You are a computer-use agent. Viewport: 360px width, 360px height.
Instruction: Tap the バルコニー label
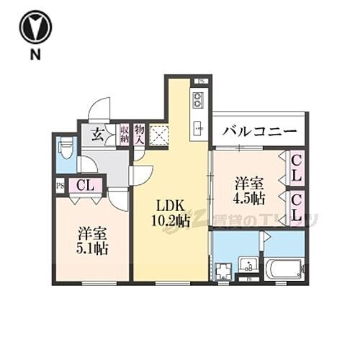(259, 131)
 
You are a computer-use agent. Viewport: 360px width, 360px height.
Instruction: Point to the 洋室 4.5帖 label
(248, 189)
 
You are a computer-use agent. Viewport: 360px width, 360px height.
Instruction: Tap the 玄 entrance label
(96, 134)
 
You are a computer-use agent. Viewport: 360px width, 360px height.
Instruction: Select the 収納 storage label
(124, 134)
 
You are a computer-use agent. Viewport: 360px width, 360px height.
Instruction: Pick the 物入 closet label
(140, 134)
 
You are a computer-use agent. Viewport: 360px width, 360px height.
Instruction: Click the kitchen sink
(198, 130)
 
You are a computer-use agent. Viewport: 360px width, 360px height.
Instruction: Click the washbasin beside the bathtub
(249, 265)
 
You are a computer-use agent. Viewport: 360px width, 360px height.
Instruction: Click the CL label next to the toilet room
(85, 185)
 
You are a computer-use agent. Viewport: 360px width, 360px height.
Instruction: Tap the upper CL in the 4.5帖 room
(297, 168)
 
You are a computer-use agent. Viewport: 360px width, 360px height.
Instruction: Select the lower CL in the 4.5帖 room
(297, 206)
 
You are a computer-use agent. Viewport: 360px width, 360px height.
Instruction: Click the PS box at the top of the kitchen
(202, 81)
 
